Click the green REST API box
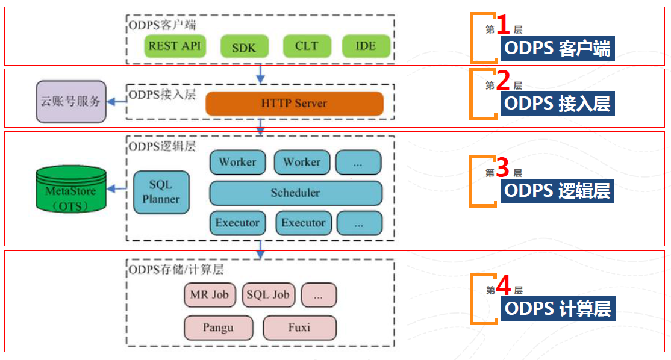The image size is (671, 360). click(x=175, y=46)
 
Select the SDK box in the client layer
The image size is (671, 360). click(x=244, y=47)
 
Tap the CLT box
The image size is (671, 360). click(x=307, y=46)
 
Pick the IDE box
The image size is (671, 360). click(x=366, y=46)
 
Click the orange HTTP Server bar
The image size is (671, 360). click(x=295, y=104)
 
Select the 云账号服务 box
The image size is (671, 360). click(x=70, y=102)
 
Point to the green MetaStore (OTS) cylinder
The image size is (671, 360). click(x=70, y=191)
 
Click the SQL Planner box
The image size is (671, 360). click(x=161, y=192)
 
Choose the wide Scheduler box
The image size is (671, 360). click(x=295, y=193)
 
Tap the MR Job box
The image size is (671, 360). click(x=210, y=295)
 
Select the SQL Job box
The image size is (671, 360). click(x=269, y=295)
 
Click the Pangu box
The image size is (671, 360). click(x=217, y=328)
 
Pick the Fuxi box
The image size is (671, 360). click(x=299, y=328)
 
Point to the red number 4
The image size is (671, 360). click(x=503, y=285)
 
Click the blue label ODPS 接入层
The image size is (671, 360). click(x=557, y=104)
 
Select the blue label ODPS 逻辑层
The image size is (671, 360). click(x=557, y=191)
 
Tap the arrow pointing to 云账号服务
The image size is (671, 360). click(x=117, y=102)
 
